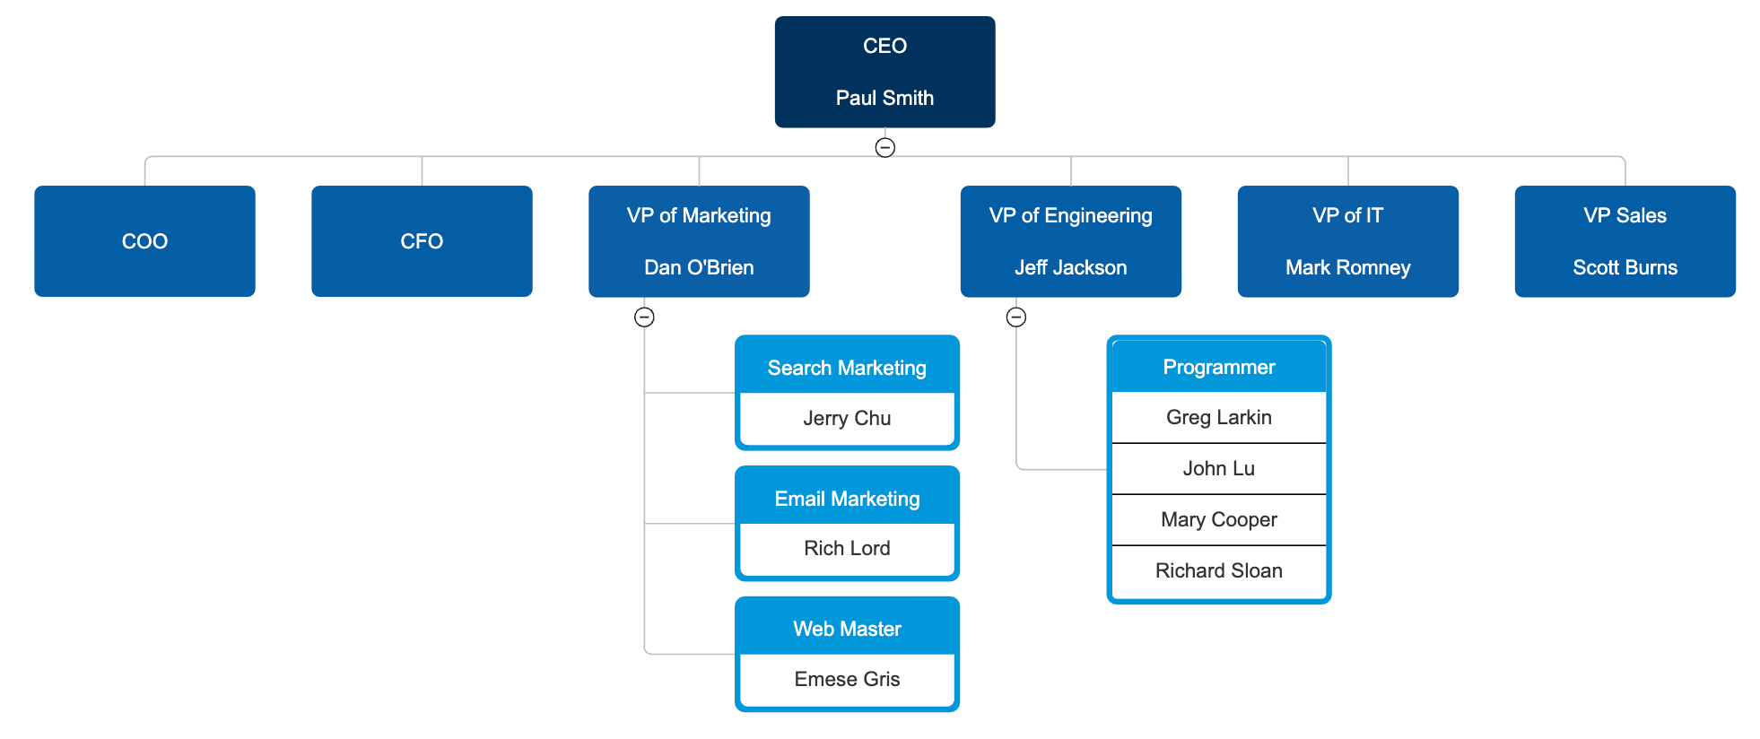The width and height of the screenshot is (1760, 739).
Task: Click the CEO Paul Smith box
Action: [x=884, y=72]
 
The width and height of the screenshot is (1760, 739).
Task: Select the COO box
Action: [x=144, y=241]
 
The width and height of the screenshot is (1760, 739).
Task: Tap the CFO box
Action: [x=422, y=241]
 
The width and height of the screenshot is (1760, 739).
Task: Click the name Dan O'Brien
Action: [x=699, y=267]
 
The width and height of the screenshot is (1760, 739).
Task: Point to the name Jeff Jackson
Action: [x=1070, y=267]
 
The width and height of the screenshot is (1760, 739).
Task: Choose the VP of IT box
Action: [x=1347, y=240]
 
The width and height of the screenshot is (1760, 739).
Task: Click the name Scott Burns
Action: [x=1625, y=267]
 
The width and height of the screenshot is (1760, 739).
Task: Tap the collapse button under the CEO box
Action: [x=884, y=147]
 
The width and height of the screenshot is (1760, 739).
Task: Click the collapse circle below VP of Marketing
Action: [x=644, y=317]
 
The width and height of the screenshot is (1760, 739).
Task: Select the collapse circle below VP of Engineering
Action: [x=1015, y=317]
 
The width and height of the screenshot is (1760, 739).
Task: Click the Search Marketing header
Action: [x=847, y=368]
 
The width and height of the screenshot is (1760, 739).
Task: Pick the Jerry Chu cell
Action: [x=847, y=418]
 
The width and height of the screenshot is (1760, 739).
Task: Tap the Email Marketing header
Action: [x=847, y=499]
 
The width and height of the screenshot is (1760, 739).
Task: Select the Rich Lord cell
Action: [x=847, y=548]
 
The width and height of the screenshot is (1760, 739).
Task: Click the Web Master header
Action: [x=847, y=629]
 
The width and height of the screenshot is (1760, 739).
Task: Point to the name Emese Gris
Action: [x=847, y=679]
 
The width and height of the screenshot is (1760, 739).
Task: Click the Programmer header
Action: [x=1218, y=367]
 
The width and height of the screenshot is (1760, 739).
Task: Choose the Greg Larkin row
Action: [x=1218, y=417]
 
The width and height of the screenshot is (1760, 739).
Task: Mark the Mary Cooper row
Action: [x=1218, y=519]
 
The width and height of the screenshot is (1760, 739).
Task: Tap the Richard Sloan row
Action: [x=1218, y=570]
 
